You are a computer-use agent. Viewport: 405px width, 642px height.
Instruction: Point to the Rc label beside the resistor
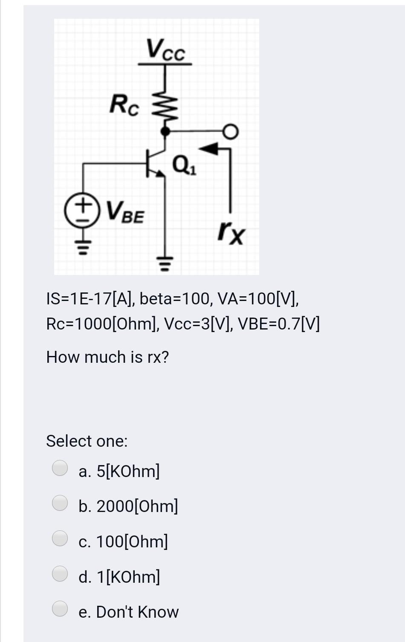click(124, 105)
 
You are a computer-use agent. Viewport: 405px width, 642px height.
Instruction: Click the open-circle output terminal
click(231, 132)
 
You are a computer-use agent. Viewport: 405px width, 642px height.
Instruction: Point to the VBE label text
click(125, 211)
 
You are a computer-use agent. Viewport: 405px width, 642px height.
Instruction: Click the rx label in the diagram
click(231, 233)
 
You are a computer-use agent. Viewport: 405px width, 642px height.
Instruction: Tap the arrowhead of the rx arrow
click(209, 149)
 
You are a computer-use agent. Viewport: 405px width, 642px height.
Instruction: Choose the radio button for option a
click(60, 468)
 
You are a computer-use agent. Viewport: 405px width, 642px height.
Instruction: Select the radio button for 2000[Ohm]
click(60, 503)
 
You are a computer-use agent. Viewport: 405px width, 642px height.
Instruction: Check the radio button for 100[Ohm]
click(60, 538)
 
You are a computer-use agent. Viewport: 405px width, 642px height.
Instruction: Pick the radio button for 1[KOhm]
click(60, 573)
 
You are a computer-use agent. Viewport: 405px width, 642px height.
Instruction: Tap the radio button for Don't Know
click(60, 608)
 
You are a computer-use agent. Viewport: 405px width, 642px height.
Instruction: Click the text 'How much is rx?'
click(107, 357)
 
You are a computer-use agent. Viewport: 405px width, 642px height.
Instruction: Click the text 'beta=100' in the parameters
click(175, 299)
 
